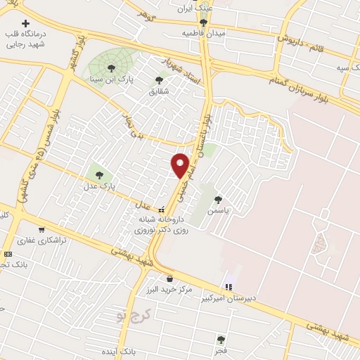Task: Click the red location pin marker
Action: click(181, 165)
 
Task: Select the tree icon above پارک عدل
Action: click(98, 174)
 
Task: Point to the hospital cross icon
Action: click(27, 22)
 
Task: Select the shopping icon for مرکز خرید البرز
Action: click(171, 278)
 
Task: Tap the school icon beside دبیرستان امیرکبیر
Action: click(227, 286)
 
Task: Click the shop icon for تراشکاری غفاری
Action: click(41, 229)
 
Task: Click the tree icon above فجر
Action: click(222, 339)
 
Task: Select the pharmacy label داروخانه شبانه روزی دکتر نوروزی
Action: click(162, 224)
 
